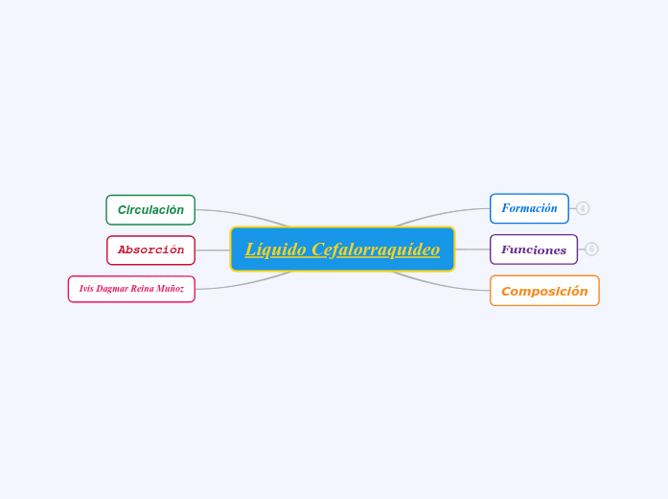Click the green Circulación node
click(x=150, y=210)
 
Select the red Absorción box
click(x=150, y=250)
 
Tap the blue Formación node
click(x=529, y=208)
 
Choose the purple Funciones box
click(x=534, y=249)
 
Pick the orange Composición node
click(x=544, y=291)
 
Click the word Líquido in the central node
click(x=275, y=249)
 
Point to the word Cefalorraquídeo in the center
click(x=376, y=249)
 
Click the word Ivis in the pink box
click(x=86, y=289)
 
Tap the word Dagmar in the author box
click(x=112, y=289)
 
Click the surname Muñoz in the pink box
click(x=172, y=289)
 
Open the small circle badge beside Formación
click(x=583, y=208)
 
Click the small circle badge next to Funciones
click(x=591, y=249)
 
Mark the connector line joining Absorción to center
click(x=213, y=250)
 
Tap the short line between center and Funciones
click(x=472, y=249)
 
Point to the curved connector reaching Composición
click(x=441, y=284)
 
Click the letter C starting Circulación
click(x=122, y=210)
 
